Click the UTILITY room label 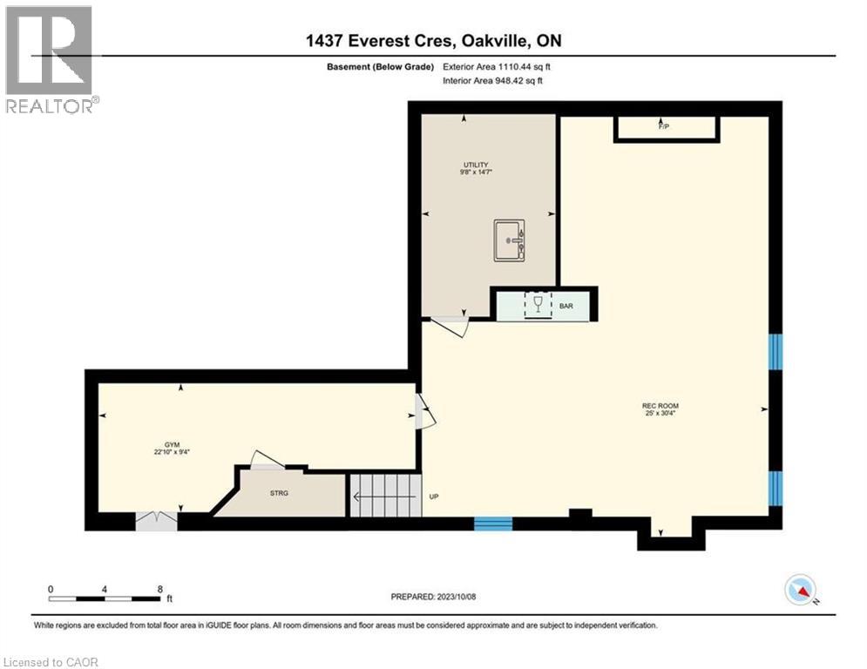pos(475,165)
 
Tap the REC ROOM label pos(660,406)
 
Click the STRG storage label pos(279,493)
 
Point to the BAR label pos(566,307)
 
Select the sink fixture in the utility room pos(509,239)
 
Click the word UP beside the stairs pos(433,497)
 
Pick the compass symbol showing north pos(799,590)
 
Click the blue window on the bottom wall pos(492,524)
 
